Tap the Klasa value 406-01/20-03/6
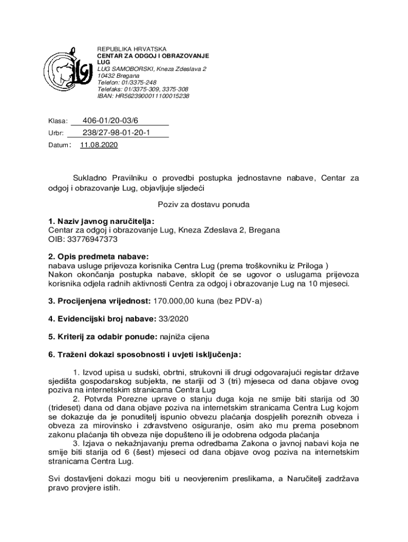pos(110,121)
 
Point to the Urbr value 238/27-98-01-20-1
pos(117,133)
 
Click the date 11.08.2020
pos(99,145)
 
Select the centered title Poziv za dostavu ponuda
pos(203,204)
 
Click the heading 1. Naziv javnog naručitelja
pos(101,221)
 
